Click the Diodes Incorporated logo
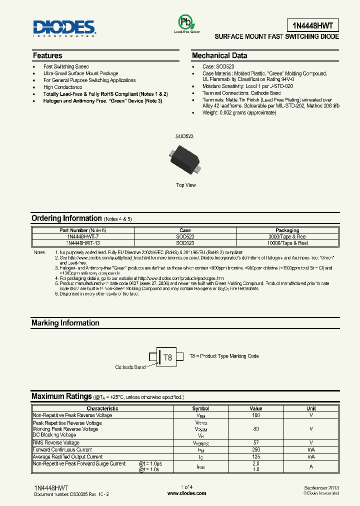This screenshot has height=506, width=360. [x=64, y=28]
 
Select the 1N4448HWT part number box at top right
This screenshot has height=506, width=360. [x=313, y=25]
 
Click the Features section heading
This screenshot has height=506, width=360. [x=47, y=55]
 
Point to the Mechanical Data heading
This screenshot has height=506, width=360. [x=219, y=55]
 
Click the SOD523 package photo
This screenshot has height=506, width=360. [x=185, y=160]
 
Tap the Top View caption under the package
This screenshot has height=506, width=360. [x=186, y=185]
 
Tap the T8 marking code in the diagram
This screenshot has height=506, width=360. [x=168, y=357]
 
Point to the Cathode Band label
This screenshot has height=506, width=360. [x=130, y=367]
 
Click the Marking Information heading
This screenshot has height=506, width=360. [x=65, y=323]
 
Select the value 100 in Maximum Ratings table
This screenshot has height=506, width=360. [x=255, y=415]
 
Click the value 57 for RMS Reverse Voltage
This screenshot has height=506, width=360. [x=255, y=442]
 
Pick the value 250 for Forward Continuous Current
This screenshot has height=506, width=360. [x=255, y=449]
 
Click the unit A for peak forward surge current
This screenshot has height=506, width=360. [x=311, y=466]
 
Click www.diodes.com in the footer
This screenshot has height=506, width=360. [x=186, y=493]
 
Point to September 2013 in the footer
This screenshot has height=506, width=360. [x=321, y=487]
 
